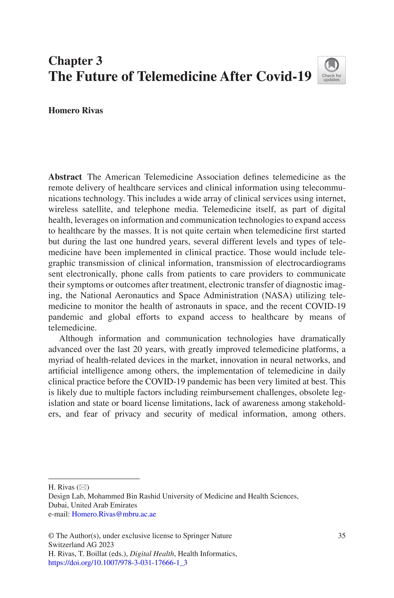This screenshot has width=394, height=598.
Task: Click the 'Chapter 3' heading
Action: (x=75, y=61)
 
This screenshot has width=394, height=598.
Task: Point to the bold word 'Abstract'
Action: (x=65, y=177)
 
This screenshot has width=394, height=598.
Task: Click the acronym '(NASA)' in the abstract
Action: (x=277, y=295)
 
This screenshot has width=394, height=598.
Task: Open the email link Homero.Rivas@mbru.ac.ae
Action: (x=114, y=514)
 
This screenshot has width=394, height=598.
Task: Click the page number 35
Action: (x=341, y=536)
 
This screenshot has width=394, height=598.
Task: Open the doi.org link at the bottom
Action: (x=118, y=563)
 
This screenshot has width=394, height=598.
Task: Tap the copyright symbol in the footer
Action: (x=51, y=536)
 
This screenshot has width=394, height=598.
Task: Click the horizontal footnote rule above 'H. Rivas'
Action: (x=94, y=479)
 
